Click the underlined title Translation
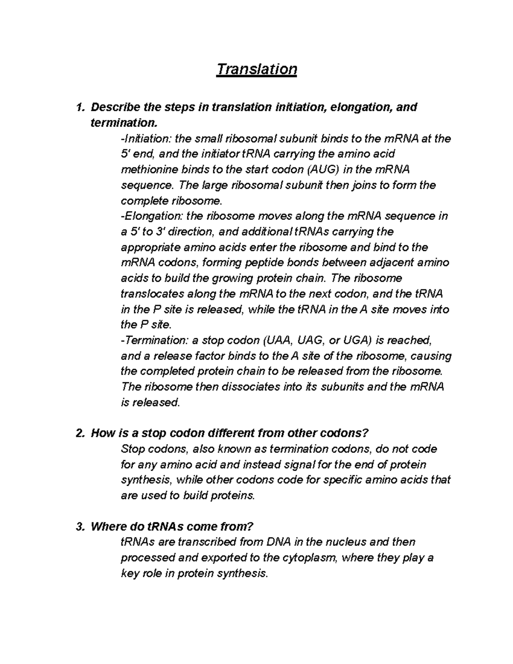coord(256,69)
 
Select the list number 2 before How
coord(79,433)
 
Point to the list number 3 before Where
coord(79,526)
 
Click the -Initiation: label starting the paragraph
coord(147,139)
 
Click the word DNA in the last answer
coord(278,542)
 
